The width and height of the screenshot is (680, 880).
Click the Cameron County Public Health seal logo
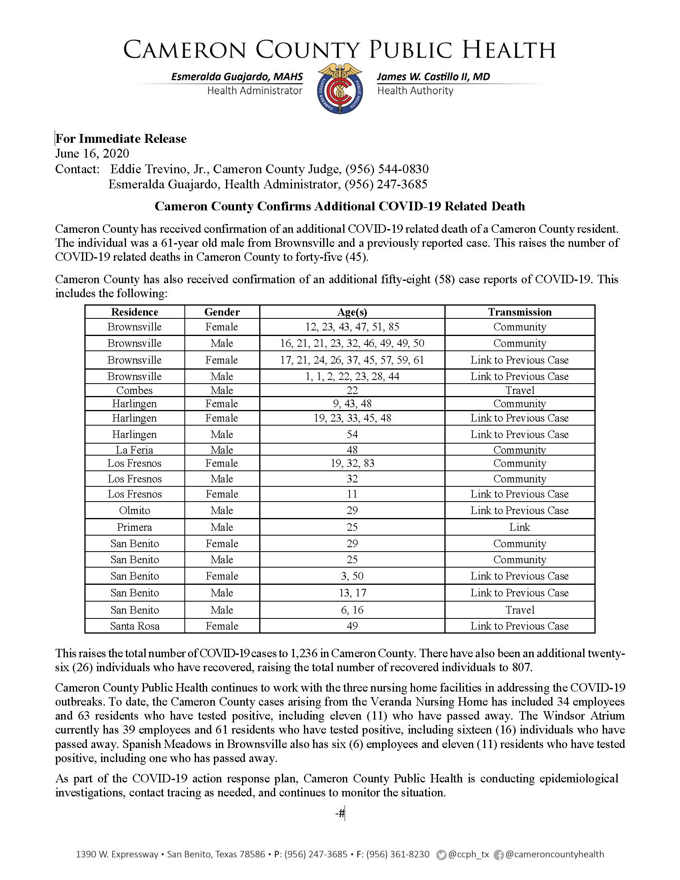click(340, 89)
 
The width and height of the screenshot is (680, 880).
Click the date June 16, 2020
click(92, 154)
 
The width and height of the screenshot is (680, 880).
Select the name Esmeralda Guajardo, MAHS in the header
click(237, 76)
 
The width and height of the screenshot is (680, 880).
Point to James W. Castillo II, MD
click(434, 76)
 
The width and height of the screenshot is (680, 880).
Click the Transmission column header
click(520, 312)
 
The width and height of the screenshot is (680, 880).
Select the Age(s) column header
click(352, 312)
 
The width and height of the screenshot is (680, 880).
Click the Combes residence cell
click(134, 390)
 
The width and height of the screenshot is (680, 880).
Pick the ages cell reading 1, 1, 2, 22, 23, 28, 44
click(352, 376)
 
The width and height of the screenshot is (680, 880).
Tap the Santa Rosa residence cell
click(134, 626)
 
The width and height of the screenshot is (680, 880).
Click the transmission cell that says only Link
click(520, 527)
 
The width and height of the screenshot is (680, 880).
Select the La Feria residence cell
click(134, 450)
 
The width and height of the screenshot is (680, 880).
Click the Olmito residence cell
click(134, 510)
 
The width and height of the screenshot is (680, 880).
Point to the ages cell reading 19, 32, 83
click(352, 463)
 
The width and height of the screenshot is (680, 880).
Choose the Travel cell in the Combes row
click(520, 390)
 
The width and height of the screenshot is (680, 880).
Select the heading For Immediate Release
click(121, 139)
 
